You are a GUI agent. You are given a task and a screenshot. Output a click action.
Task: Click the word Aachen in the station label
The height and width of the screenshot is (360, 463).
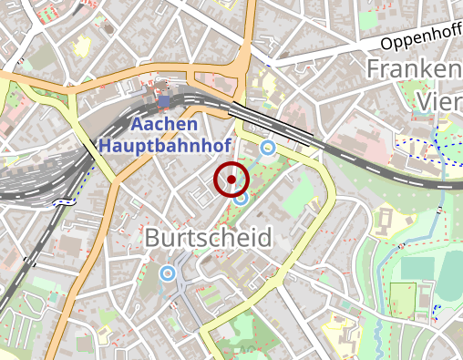click(x=164, y=124)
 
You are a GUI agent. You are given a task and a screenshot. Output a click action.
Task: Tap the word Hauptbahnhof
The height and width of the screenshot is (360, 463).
click(x=165, y=144)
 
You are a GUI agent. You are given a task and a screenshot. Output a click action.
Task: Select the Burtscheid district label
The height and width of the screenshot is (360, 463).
click(x=208, y=239)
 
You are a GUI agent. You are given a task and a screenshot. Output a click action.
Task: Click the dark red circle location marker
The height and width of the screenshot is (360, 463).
click(x=231, y=180)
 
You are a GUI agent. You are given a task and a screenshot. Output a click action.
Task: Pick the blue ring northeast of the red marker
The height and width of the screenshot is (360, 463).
click(x=268, y=147)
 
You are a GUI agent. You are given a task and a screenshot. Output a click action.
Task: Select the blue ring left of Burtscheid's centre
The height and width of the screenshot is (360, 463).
click(x=167, y=273)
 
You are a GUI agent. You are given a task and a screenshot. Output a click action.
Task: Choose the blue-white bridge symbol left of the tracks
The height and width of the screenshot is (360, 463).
click(x=64, y=201)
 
